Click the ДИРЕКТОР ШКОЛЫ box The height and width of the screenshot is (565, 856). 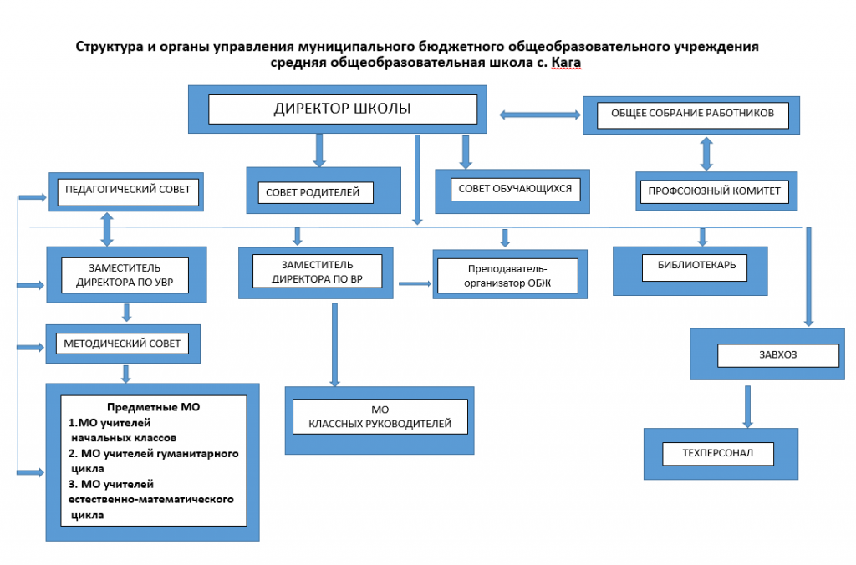point(338,109)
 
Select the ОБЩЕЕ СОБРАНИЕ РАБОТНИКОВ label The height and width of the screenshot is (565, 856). point(692,113)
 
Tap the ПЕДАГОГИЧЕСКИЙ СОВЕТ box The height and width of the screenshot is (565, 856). point(126,191)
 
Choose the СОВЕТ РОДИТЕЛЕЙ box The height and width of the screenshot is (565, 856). point(324,190)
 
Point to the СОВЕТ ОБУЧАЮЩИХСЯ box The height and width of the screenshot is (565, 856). point(512,191)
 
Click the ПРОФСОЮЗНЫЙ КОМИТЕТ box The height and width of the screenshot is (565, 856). point(716,191)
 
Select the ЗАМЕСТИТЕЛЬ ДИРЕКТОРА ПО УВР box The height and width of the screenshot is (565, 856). point(127,275)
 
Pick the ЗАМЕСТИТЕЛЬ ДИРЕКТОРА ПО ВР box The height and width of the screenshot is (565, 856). point(315,273)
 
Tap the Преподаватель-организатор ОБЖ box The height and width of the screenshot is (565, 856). point(510,275)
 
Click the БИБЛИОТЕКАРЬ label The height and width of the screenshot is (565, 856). point(696,265)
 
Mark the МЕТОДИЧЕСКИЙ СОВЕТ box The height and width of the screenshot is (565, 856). point(123,344)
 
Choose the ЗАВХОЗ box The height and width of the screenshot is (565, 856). point(767,354)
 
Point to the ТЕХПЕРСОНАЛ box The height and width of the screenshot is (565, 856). point(721,454)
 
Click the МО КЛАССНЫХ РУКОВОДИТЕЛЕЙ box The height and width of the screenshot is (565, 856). point(380,420)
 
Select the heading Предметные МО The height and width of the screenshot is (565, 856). point(154,407)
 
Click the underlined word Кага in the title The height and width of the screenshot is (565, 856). point(566,62)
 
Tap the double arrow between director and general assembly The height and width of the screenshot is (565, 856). point(540,115)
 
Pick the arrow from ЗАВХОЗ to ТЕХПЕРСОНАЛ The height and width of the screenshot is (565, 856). point(748,407)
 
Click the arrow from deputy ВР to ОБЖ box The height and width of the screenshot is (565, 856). point(415,283)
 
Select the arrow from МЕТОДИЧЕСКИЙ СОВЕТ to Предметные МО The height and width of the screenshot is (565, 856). point(126,374)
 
